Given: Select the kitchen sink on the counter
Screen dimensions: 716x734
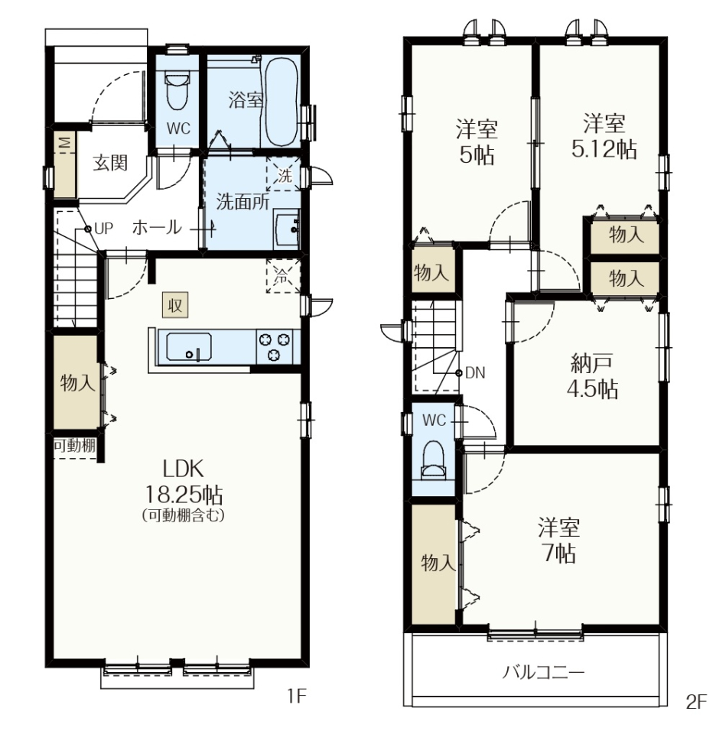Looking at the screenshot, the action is coord(189,346).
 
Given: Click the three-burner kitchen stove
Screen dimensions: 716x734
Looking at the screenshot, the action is coord(274,346).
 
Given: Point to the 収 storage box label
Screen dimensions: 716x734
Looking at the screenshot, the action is coord(175,305).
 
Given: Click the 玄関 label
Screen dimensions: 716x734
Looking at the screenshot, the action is coord(110,164).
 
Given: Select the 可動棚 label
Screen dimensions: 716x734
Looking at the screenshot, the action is coord(74,445).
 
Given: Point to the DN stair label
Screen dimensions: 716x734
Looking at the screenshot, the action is coord(475,373).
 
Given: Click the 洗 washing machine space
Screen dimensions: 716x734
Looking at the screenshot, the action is coord(284,174).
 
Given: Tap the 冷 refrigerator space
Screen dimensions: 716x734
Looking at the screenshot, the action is coord(283,276).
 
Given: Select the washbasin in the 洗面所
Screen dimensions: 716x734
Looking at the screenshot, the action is coord(285,230).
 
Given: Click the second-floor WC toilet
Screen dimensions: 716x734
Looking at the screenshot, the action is coord(433,460).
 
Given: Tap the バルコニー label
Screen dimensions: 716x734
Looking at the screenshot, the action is coord(543,673).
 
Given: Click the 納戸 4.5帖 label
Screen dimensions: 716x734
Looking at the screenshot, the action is coord(592,377).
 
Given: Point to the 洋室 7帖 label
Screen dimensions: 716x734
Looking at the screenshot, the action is coord(558,541).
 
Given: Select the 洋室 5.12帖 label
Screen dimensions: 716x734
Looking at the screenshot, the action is coord(604,137).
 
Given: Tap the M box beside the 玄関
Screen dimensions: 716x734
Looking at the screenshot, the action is coord(64,142).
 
